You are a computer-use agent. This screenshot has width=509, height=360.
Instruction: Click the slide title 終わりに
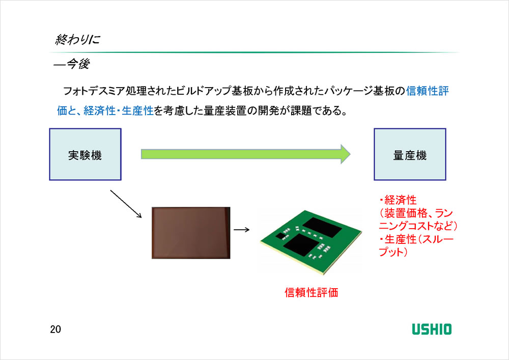[77, 40]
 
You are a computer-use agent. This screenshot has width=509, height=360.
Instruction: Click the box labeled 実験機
[85, 154]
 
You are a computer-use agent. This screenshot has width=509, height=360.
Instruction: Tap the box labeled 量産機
[410, 154]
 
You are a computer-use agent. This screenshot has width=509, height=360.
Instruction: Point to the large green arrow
[244, 154]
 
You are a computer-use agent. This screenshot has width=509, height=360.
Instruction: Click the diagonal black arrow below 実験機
[126, 204]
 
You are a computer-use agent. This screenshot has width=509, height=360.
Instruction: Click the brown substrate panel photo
[190, 233]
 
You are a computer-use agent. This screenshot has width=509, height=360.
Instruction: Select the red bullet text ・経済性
[398, 199]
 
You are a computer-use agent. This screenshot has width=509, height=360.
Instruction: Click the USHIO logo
[431, 328]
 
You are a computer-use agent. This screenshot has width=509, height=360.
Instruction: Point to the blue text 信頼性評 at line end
[427, 91]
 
